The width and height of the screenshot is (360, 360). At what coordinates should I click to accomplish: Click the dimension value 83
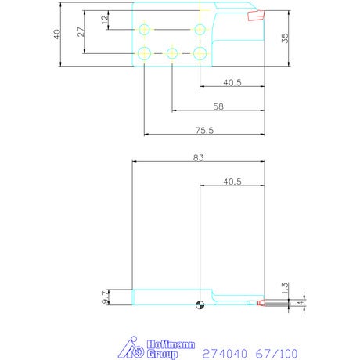(x=198, y=157)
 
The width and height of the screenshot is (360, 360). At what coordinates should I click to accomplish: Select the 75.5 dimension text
(x=204, y=130)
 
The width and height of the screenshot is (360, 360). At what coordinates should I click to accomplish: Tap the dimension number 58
(x=218, y=106)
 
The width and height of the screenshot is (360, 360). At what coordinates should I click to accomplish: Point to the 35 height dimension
(x=285, y=38)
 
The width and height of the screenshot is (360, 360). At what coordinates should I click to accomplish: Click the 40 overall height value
(x=57, y=34)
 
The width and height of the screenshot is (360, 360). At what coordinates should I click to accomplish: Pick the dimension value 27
(x=81, y=32)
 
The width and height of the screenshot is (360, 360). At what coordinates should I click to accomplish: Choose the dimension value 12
(x=105, y=20)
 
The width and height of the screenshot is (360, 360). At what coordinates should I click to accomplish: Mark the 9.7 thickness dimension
(x=105, y=297)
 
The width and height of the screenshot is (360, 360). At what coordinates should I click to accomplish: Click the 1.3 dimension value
(x=285, y=288)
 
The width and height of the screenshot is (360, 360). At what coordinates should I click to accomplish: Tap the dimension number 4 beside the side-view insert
(x=301, y=303)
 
